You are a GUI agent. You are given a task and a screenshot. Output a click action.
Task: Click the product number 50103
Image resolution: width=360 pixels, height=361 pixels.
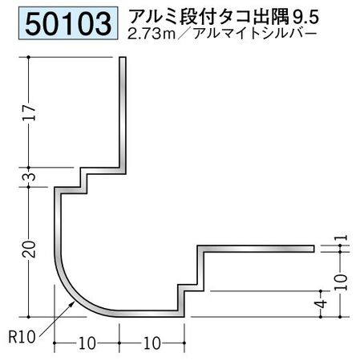(x=68, y=24)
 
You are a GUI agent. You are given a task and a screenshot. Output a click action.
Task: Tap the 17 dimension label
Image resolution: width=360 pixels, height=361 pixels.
(x=29, y=112)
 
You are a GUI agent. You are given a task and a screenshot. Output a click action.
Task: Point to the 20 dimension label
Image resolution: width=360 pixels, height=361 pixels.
(x=29, y=249)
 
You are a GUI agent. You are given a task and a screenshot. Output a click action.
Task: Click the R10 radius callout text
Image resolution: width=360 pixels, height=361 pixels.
(x=22, y=337)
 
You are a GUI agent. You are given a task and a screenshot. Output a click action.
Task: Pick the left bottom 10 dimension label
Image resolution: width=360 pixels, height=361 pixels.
(x=87, y=343)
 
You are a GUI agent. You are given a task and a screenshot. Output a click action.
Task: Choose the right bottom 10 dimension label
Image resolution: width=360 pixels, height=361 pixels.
(x=152, y=343)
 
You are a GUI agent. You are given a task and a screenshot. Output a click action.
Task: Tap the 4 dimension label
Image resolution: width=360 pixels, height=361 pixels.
(x=322, y=304)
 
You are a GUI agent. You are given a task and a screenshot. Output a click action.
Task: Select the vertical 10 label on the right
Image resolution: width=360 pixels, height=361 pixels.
(x=341, y=282)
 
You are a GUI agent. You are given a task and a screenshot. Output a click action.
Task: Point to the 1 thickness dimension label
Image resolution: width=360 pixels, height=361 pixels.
(x=344, y=237)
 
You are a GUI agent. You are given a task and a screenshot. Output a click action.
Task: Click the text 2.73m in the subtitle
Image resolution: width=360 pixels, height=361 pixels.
(x=152, y=34)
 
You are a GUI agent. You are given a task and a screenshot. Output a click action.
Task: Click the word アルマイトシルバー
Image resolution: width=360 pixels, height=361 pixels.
(x=255, y=34)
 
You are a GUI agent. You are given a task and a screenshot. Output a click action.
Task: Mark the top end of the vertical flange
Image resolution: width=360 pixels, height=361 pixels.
(x=123, y=58)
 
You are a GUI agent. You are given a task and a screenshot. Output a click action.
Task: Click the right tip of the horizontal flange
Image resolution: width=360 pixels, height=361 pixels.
(x=313, y=249)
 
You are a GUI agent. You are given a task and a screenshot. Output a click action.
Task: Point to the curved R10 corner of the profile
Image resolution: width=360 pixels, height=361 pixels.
(x=75, y=297)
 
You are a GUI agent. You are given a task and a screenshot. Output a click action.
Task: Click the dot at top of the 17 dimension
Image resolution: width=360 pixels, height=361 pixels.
(x=29, y=57)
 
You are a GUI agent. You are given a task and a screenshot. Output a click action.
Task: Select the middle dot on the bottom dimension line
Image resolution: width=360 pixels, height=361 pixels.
(x=119, y=343)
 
